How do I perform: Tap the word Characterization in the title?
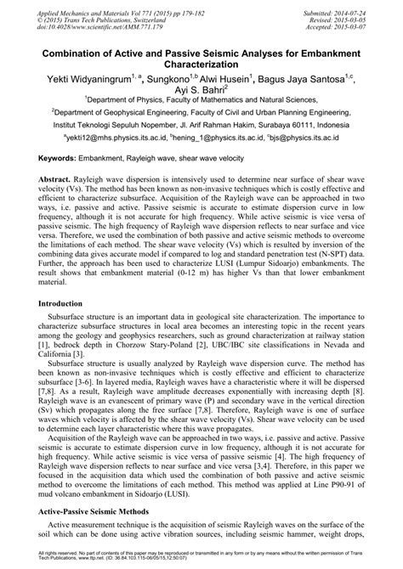201,63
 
